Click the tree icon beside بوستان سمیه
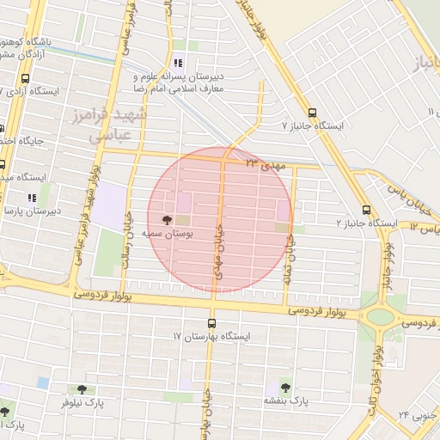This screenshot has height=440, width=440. click(166, 220)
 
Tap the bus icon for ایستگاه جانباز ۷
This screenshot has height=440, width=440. click(311, 112)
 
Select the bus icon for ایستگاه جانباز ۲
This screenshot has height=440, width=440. click(367, 210)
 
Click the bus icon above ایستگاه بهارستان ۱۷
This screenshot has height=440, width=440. click(211, 323)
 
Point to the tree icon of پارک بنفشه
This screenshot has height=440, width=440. click(284, 388)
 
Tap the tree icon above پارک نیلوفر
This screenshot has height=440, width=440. click(82, 388)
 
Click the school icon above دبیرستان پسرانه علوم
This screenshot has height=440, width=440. click(178, 63)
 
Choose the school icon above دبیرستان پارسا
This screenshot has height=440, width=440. click(33, 199)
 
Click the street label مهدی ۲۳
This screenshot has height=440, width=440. click(263, 162)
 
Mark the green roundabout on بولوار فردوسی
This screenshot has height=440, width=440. click(378, 316)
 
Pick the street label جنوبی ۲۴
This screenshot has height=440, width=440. click(417, 415)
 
